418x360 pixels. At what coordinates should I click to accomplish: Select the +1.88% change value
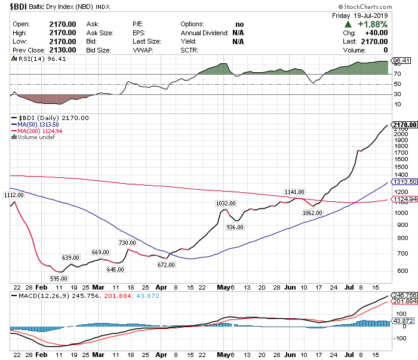[373, 24]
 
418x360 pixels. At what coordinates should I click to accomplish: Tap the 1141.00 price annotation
[294, 192]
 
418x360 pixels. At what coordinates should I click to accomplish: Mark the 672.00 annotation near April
[165, 264]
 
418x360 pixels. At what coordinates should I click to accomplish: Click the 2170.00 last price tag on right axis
[404, 125]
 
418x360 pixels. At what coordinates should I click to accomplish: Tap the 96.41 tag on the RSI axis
[399, 61]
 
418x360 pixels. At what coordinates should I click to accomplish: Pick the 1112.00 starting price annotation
[13, 195]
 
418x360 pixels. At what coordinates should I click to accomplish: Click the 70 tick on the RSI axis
[396, 74]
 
